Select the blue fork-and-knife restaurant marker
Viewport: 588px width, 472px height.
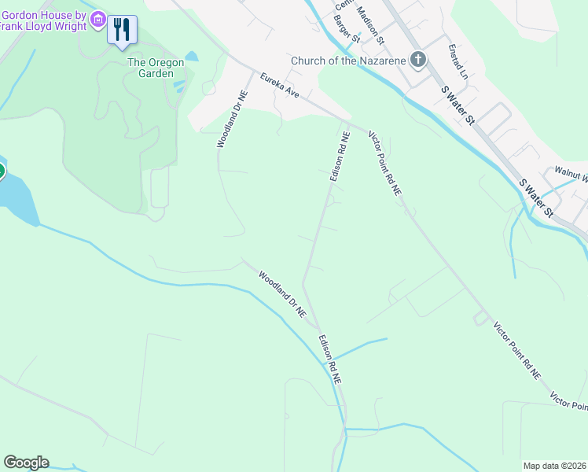tap(122, 30)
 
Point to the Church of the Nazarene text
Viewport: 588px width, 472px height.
tap(347, 61)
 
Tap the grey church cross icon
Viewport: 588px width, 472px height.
tap(419, 60)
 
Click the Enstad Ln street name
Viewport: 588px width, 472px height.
tap(458, 61)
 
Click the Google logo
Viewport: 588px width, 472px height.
tap(26, 463)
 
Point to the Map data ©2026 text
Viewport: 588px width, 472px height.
tap(554, 466)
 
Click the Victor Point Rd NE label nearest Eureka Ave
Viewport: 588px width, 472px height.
tap(385, 164)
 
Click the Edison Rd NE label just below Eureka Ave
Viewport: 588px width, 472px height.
tap(339, 157)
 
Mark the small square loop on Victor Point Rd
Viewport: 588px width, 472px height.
tap(479, 318)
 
